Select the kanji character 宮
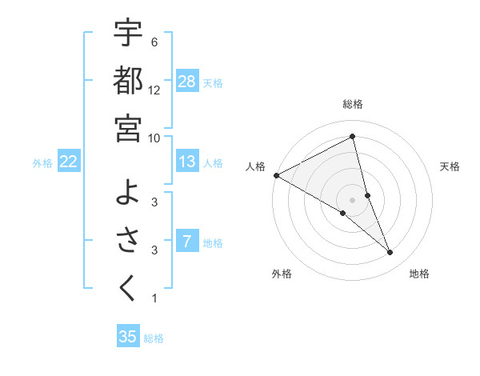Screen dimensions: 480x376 tap(128, 127)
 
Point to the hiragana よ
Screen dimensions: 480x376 tap(128, 192)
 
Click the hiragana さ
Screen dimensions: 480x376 tap(128, 240)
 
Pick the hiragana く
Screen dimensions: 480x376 tap(128, 288)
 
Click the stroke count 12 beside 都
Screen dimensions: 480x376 tap(155, 90)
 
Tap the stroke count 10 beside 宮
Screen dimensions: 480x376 tap(155, 137)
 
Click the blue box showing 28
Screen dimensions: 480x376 tap(187, 81)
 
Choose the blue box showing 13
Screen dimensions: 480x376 tap(187, 162)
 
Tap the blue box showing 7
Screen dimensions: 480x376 tap(187, 241)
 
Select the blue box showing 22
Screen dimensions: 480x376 tap(69, 162)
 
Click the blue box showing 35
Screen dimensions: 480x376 tap(128, 337)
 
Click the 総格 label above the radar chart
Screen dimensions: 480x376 tap(353, 105)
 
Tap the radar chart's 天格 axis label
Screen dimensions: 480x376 tap(450, 166)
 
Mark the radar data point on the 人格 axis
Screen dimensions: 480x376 tap(276, 175)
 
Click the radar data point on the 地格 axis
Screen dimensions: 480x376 tap(390, 253)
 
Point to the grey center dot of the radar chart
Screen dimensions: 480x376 tap(353, 200)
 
